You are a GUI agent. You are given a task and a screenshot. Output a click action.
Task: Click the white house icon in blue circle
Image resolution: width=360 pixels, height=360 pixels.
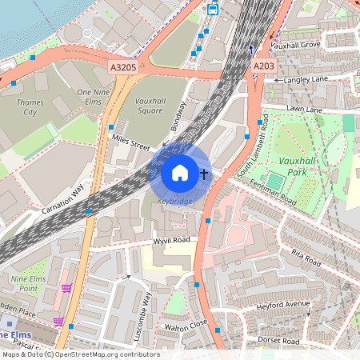pos(180,172)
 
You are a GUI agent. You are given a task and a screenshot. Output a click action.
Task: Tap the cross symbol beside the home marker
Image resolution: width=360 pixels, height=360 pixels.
pos(204,173)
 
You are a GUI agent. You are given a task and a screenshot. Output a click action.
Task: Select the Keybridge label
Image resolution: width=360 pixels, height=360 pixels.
pos(174,201)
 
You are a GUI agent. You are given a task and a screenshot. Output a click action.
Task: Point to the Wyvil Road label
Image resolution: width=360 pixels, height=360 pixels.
pos(171,240)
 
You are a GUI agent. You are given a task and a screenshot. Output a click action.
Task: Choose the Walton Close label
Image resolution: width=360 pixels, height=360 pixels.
pos(186,326)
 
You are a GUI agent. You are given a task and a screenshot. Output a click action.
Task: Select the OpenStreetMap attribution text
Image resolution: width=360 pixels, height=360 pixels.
pos(80,354)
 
